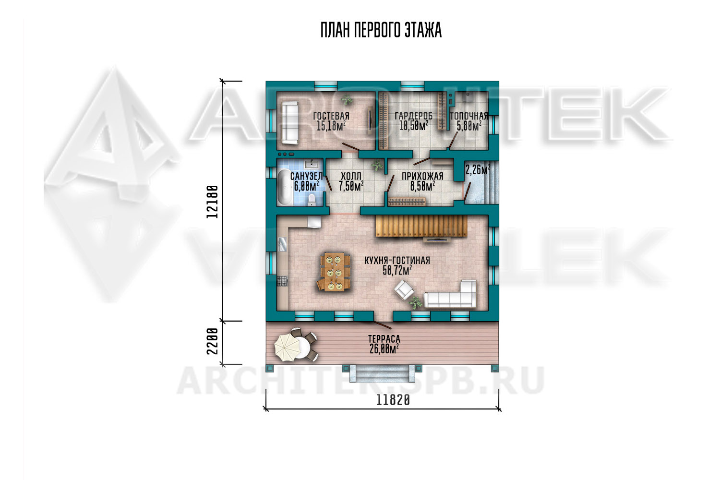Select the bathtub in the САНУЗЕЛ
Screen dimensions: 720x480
coord(285,187)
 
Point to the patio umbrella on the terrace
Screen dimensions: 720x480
coord(288,346)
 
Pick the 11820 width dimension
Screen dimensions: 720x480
coord(393,400)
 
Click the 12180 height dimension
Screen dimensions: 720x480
coord(213,202)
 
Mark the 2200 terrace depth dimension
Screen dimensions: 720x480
coord(213,341)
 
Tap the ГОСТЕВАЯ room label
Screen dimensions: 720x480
coord(331,116)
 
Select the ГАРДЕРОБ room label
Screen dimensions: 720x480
coord(414,116)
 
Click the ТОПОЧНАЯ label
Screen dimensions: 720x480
coord(469,116)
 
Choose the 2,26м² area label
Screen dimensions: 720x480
coord(478,169)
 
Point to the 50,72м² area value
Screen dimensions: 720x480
coord(397,271)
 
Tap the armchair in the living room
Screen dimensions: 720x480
coord(404,289)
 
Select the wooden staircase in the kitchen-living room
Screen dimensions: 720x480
coord(421,227)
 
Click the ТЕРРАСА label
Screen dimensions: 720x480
coord(384,339)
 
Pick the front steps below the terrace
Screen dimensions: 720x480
coord(382,373)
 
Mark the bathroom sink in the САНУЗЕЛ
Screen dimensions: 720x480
coord(312,164)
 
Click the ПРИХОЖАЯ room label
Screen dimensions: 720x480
coord(422,176)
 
